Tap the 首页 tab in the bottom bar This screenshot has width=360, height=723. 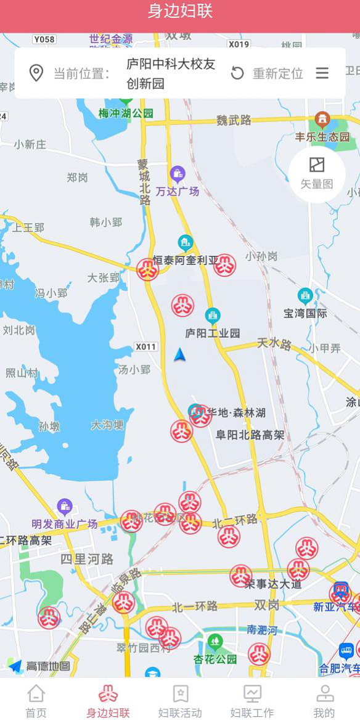(36, 701)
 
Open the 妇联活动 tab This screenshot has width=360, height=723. (180, 701)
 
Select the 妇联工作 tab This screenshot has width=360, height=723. (252, 701)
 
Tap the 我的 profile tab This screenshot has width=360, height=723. (324, 701)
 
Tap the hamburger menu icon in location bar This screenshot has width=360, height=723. (322, 73)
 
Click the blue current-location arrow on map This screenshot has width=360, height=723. (179, 354)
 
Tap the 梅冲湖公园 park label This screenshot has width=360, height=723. (126, 113)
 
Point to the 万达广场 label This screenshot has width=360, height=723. (178, 191)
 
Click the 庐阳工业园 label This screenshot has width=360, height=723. (213, 333)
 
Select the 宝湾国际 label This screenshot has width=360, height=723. (305, 312)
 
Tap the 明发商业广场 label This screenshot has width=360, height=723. (65, 523)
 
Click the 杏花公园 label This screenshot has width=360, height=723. (215, 658)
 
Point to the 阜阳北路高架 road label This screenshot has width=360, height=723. (250, 435)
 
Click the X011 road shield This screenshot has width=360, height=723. (146, 346)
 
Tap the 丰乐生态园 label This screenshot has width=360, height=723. (322, 136)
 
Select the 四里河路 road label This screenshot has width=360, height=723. (87, 559)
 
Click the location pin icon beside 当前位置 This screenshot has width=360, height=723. (36, 73)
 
